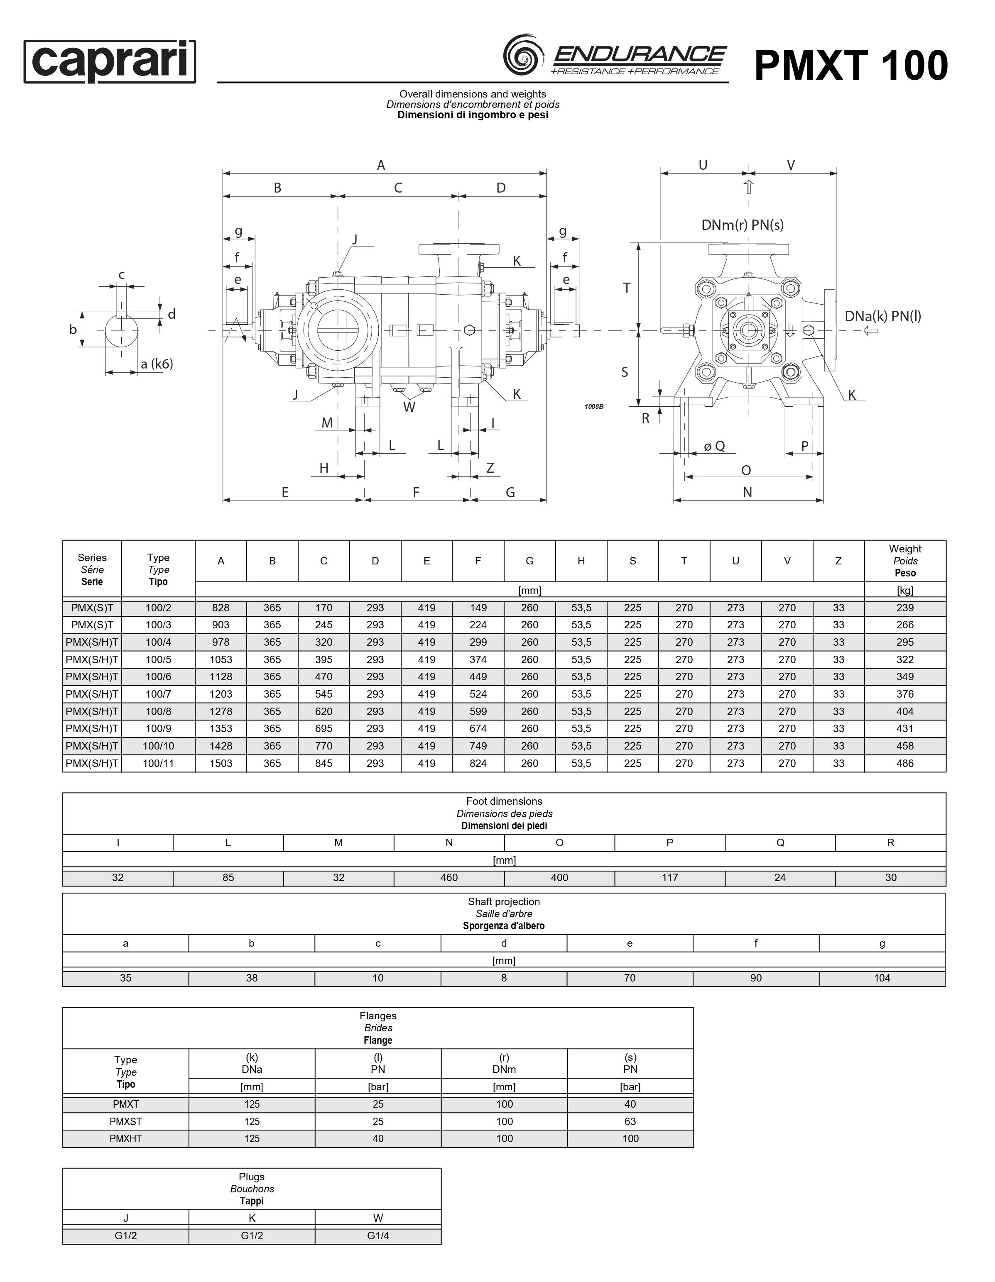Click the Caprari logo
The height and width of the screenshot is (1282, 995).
click(x=110, y=62)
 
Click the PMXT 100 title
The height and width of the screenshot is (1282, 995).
click(x=850, y=65)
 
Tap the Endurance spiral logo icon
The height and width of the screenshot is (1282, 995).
click(x=522, y=55)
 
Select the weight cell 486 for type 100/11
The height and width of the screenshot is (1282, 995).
click(x=904, y=763)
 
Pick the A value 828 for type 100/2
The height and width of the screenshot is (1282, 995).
click(x=221, y=608)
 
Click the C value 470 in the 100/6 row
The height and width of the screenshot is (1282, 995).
click(x=323, y=676)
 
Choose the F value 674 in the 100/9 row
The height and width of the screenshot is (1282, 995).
click(x=478, y=728)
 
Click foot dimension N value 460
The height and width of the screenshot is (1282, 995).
click(x=449, y=877)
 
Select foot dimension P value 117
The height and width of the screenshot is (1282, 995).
click(x=669, y=877)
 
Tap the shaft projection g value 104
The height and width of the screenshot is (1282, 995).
click(x=882, y=978)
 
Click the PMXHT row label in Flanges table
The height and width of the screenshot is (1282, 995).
click(x=126, y=1138)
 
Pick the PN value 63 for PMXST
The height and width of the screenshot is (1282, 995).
click(x=630, y=1121)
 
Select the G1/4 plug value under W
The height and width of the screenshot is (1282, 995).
click(x=377, y=1236)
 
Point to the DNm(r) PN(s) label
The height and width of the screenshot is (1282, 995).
click(x=743, y=225)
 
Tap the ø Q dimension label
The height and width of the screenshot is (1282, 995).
click(x=714, y=446)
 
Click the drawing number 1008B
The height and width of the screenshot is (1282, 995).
click(x=594, y=407)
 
